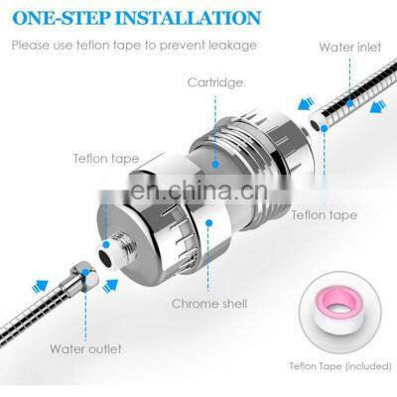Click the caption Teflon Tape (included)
[340, 367]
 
